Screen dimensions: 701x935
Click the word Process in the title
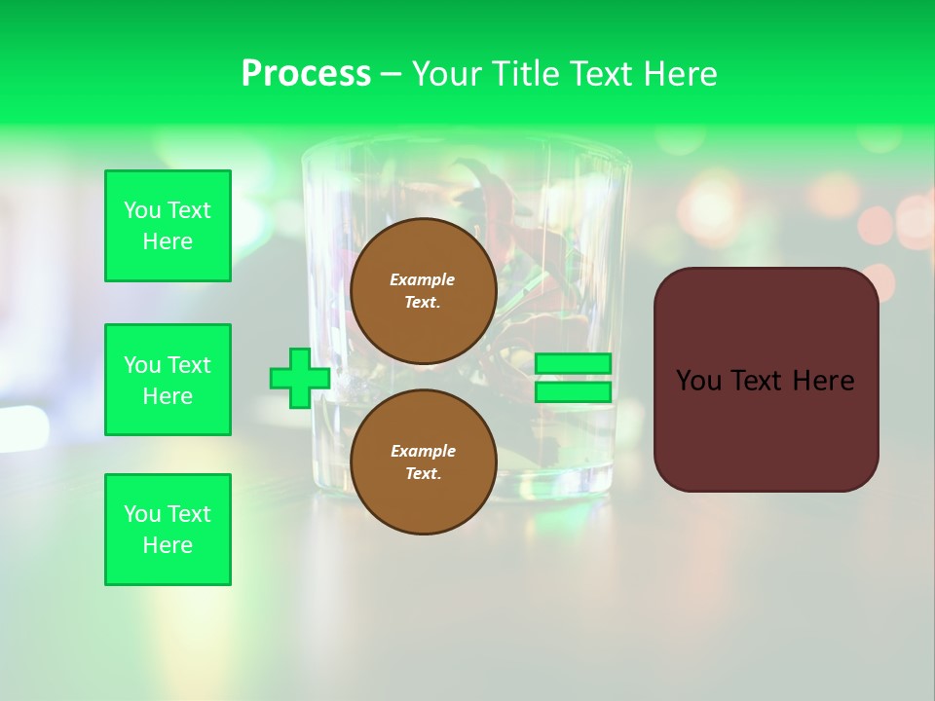click(306, 74)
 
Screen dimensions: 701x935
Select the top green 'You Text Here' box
click(168, 226)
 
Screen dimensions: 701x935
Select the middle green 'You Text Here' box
click(168, 380)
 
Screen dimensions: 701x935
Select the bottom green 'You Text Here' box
click(168, 530)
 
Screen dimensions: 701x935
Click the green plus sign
click(299, 379)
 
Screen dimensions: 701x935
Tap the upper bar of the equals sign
click(573, 364)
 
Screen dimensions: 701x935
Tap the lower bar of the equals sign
click(573, 392)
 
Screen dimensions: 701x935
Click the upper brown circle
click(423, 291)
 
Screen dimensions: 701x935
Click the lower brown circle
click(423, 461)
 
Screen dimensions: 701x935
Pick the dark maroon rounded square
click(766, 428)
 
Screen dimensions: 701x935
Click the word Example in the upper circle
click(423, 279)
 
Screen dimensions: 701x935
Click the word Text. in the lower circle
click(423, 473)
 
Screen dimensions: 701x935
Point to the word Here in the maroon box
click(823, 381)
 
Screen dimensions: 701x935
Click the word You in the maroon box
click(698, 381)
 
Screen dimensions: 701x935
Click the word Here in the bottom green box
click(168, 545)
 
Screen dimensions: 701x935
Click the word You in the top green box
click(142, 210)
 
